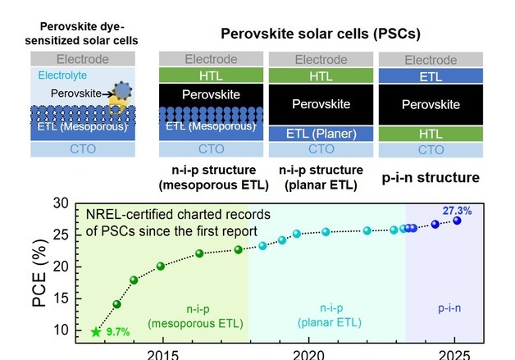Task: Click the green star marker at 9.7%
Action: tap(96, 332)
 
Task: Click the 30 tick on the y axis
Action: tap(60, 204)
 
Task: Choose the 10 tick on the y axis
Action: tap(60, 330)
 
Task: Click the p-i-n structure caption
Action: tap(431, 176)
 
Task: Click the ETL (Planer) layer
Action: tap(321, 134)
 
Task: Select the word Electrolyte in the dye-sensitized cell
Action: tap(64, 75)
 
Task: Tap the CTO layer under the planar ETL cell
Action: tap(321, 150)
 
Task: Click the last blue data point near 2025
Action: tap(457, 221)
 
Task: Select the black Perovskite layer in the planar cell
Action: tap(321, 104)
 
